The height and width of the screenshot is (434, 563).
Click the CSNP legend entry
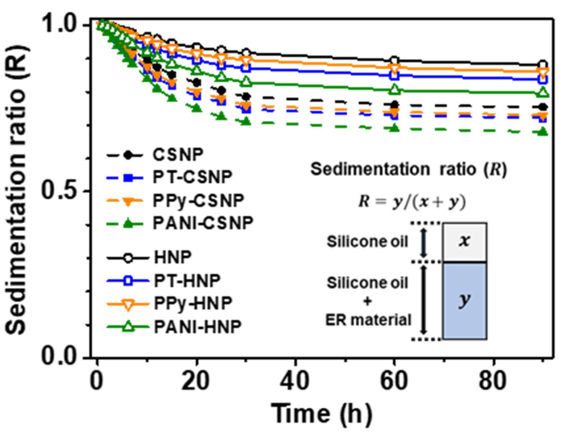pyautogui.click(x=178, y=155)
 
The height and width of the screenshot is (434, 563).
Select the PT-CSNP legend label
pyautogui.click(x=192, y=177)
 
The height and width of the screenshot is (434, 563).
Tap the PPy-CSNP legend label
pyautogui.click(x=198, y=201)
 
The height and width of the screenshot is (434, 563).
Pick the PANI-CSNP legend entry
pyautogui.click(x=203, y=223)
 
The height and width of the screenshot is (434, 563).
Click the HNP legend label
pyautogui.click(x=173, y=257)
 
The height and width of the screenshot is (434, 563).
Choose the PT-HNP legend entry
pyautogui.click(x=187, y=281)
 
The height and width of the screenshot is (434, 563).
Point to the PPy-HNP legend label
pyautogui.click(x=193, y=303)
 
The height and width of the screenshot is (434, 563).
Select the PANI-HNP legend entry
pyautogui.click(x=198, y=327)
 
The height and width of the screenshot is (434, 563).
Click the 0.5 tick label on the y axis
pyautogui.click(x=59, y=190)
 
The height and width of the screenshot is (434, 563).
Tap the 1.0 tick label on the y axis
pyautogui.click(x=59, y=24)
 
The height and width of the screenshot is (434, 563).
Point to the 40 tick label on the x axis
pyautogui.click(x=295, y=381)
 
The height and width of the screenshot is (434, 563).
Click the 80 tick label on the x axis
pyautogui.click(x=493, y=381)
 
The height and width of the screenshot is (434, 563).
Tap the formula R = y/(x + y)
pyautogui.click(x=412, y=202)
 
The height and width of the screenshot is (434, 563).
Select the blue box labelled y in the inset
pyautogui.click(x=465, y=301)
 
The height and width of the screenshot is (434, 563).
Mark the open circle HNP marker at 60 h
pyautogui.click(x=394, y=61)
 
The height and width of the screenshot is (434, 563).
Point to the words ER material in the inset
pyautogui.click(x=368, y=320)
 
